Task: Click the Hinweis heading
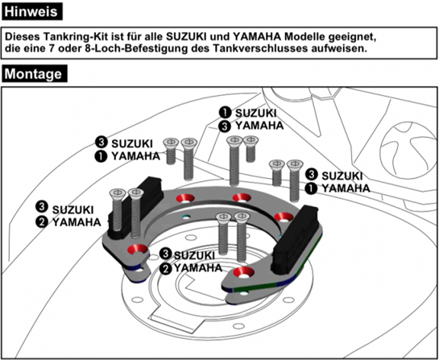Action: tap(31, 11)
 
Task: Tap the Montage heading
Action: tap(35, 73)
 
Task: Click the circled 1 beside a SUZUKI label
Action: tap(225, 113)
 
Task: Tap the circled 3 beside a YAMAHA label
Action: tap(225, 126)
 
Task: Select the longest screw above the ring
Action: tap(234, 161)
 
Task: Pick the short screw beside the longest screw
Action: tap(251, 149)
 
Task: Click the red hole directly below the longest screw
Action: tap(242, 197)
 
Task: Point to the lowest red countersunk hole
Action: tap(242, 272)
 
